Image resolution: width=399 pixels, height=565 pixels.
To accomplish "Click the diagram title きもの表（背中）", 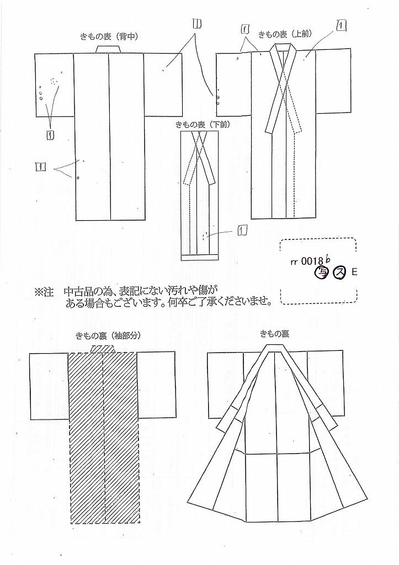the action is coord(109,37).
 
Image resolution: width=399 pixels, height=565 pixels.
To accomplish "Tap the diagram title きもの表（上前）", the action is coord(285,34).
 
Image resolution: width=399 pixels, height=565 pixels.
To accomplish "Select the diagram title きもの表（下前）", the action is coord(203,125).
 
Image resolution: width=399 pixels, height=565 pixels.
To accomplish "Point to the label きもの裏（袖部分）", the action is coord(108,335).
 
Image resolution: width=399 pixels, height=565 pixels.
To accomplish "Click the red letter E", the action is coord(354,273).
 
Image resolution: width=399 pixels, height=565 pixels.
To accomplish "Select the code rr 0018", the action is coord(303,262).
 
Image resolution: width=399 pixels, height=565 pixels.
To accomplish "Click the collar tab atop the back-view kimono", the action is coord(109,50).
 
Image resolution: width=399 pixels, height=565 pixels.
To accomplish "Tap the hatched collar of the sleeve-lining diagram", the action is coord(103,349).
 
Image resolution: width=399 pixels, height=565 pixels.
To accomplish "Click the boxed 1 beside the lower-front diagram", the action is coord(242,230).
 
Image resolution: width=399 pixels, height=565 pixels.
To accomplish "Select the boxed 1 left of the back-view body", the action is coord(41,167).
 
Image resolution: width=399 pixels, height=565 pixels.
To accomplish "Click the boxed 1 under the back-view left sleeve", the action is coord(50,135).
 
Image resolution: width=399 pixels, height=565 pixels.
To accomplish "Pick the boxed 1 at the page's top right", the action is coord(341,25).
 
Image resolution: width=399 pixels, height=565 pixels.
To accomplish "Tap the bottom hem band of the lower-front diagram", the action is coord(200,258).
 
